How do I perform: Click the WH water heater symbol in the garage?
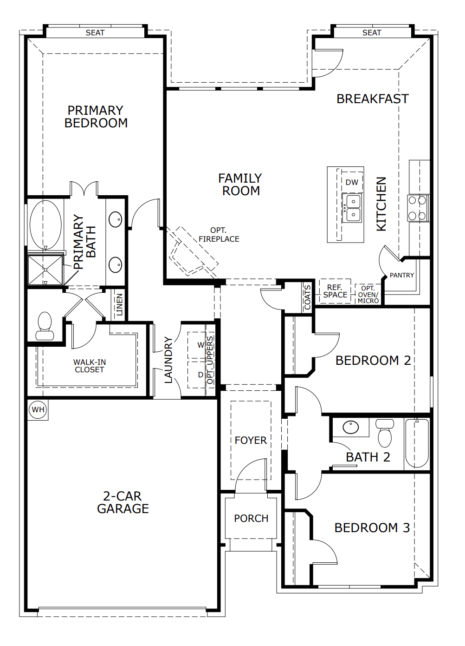pyautogui.click(x=38, y=409)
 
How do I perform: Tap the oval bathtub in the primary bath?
pyautogui.click(x=45, y=225)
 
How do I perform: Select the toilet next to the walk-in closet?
pyautogui.click(x=45, y=326)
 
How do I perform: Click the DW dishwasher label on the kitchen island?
pyautogui.click(x=352, y=182)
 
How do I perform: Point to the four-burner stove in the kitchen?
pyautogui.click(x=418, y=208)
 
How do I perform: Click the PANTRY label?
pyautogui.click(x=402, y=275)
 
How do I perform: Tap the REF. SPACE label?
pyautogui.click(x=335, y=291)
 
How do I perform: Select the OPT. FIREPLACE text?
pyautogui.click(x=219, y=235)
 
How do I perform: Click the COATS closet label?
pyautogui.click(x=308, y=297)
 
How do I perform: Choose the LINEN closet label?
pyautogui.click(x=119, y=304)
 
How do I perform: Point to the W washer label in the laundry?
pyautogui.click(x=200, y=345)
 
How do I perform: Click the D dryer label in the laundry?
pyautogui.click(x=200, y=375)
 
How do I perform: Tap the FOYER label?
pyautogui.click(x=251, y=441)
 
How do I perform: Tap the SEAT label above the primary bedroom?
pyautogui.click(x=95, y=33)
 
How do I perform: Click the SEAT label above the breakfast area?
pyautogui.click(x=372, y=33)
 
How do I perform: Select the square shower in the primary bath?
pyautogui.click(x=45, y=270)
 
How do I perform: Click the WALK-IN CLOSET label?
pyautogui.click(x=90, y=366)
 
